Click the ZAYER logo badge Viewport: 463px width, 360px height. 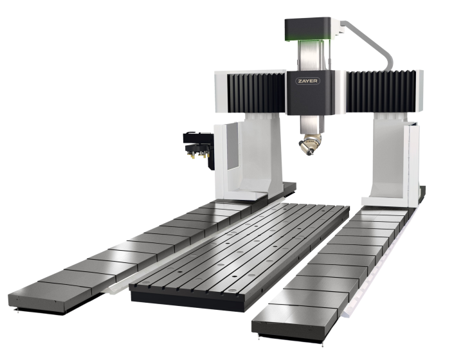(x=307, y=81)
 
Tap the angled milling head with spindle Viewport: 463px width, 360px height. (x=309, y=144)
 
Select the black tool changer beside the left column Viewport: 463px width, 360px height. (x=199, y=148)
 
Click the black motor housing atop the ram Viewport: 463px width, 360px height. (x=307, y=29)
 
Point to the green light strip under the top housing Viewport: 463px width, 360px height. (x=307, y=39)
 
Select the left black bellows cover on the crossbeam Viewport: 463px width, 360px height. (x=256, y=93)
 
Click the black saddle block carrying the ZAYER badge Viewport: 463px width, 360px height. (x=311, y=93)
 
